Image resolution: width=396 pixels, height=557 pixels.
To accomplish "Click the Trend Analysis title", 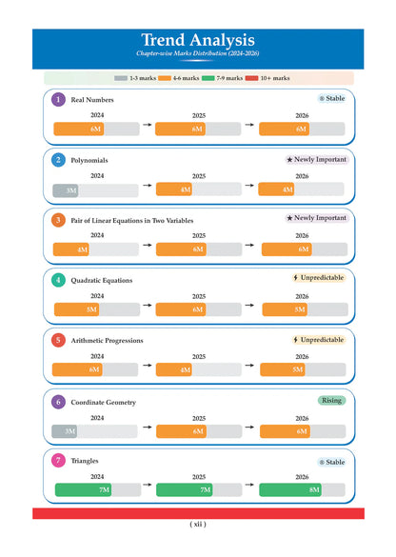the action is (198, 40).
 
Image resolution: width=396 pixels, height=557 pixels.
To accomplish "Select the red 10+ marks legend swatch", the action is (251, 78).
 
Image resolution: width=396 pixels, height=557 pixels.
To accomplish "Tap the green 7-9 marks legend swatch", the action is (208, 78).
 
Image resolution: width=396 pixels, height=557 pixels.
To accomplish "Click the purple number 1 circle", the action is (58, 99).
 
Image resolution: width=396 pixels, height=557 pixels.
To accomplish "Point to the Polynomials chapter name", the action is (89, 160).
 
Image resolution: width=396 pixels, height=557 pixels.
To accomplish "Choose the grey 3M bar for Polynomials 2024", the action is (66, 190).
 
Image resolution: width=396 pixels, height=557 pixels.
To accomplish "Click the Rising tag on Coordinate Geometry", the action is (331, 401).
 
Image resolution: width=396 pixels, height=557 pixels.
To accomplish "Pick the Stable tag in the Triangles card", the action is (331, 462).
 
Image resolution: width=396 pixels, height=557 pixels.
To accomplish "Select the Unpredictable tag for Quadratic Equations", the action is (319, 277).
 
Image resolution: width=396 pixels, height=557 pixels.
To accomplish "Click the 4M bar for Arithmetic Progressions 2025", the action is (174, 369).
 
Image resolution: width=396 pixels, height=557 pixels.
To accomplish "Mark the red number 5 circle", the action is (58, 340).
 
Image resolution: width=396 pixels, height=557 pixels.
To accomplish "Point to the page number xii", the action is (198, 524).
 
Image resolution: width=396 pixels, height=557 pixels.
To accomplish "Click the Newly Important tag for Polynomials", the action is (317, 160).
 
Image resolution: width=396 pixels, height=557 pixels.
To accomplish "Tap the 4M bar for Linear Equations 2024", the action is (70, 249).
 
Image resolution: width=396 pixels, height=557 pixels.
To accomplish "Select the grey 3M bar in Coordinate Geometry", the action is (65, 431).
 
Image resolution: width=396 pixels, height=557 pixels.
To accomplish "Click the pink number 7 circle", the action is (58, 461).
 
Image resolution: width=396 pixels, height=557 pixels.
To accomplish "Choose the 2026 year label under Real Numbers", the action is (302, 115).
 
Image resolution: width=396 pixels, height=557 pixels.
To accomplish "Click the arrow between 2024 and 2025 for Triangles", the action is (148, 485).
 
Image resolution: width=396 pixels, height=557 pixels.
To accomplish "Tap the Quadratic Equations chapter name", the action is (102, 280).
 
